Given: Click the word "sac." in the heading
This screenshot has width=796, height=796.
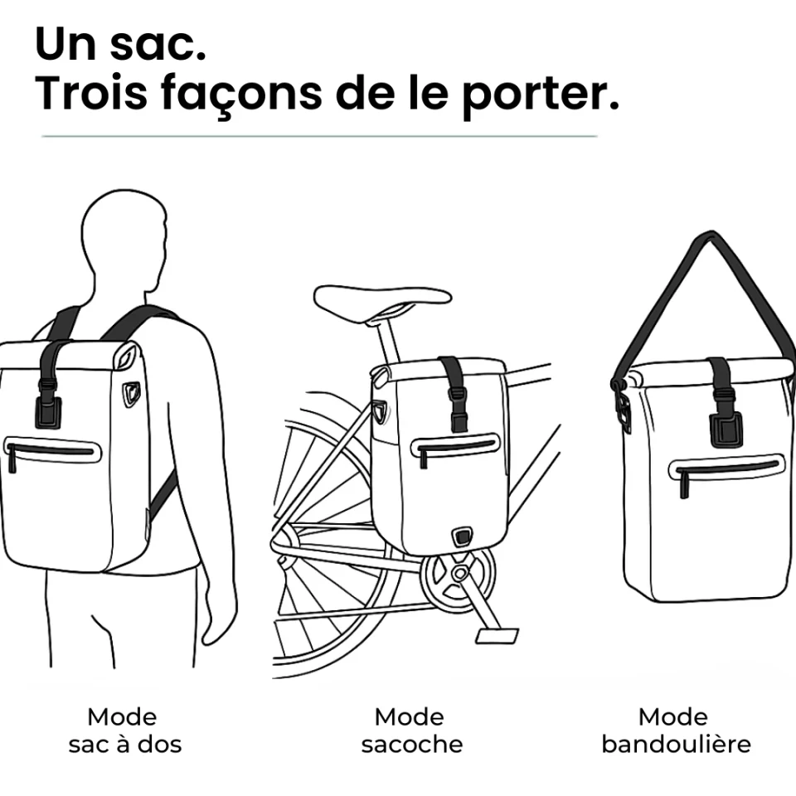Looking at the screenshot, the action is point(158,44).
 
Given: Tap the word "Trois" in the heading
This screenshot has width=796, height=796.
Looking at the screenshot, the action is point(91,93).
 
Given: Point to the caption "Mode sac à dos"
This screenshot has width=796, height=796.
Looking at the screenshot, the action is point(125,730).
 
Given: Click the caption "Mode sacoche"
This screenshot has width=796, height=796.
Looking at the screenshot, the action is point(412,730).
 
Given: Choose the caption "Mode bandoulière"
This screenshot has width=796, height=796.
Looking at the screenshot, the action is point(676,730).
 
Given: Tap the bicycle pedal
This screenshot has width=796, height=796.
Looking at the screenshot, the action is point(497,636).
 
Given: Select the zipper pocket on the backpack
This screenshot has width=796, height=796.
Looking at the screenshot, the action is point(51,453).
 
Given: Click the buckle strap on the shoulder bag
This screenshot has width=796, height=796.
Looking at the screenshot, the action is point(722,403).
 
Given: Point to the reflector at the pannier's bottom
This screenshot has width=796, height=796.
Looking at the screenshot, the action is point(462,536).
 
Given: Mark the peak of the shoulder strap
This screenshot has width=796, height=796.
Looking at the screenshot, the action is point(711,235).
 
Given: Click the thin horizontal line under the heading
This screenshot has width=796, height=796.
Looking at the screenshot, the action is point(319,136).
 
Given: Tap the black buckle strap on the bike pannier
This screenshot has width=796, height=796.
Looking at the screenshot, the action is point(454,393).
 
